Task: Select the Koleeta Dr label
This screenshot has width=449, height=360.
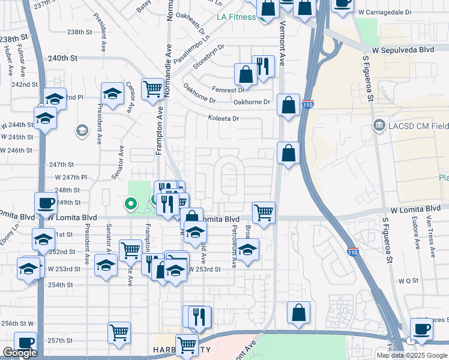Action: [x=223, y=119]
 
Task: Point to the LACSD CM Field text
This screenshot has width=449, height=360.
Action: [x=417, y=125]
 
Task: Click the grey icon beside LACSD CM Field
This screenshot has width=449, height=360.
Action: [x=379, y=125]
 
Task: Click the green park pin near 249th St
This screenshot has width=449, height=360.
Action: [x=129, y=204]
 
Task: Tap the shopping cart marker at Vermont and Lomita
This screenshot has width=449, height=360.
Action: [x=264, y=212]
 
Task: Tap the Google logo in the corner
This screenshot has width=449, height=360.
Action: [x=20, y=353]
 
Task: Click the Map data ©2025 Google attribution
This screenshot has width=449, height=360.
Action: [x=412, y=355]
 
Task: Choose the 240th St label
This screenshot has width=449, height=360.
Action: [x=64, y=58]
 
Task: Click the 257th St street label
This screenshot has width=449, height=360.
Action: [x=61, y=340]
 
